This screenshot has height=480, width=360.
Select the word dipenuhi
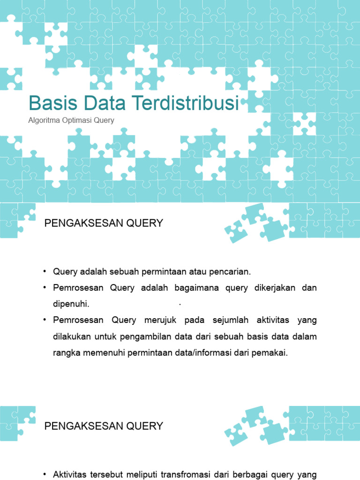[x=71, y=304]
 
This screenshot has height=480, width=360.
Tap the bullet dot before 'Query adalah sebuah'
[x=45, y=272]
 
